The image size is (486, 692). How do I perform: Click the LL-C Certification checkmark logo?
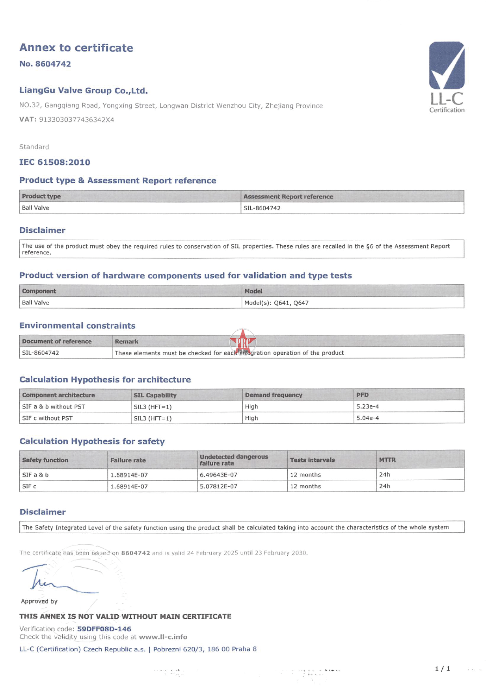pyautogui.click(x=446, y=77)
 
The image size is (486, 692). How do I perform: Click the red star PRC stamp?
pyautogui.click(x=242, y=341)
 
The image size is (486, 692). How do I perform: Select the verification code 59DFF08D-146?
pyautogui.click(x=104, y=629)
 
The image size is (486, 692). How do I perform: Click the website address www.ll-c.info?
pyautogui.click(x=163, y=636)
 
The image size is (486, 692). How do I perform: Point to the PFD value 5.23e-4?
pyautogui.click(x=367, y=406)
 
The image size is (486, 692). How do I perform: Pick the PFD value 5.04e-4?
pyautogui.click(x=367, y=418)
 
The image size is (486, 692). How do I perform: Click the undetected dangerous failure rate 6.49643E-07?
pyautogui.click(x=218, y=475)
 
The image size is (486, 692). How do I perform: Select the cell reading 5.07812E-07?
pyautogui.click(x=218, y=486)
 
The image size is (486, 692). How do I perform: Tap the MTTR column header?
pyautogui.click(x=387, y=460)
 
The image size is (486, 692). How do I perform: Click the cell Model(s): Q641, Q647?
pyautogui.click(x=276, y=302)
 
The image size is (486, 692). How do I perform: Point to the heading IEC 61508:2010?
pyautogui.click(x=55, y=162)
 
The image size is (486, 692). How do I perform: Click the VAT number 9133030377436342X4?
pyautogui.click(x=76, y=120)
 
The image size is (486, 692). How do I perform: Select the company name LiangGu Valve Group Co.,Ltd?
pyautogui.click(x=84, y=91)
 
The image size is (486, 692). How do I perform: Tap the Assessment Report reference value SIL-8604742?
pyautogui.click(x=262, y=208)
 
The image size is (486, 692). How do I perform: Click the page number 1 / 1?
pyautogui.click(x=442, y=668)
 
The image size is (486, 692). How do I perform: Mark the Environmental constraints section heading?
pyautogui.click(x=77, y=326)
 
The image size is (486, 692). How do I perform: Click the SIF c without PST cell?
pyautogui.click(x=47, y=418)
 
